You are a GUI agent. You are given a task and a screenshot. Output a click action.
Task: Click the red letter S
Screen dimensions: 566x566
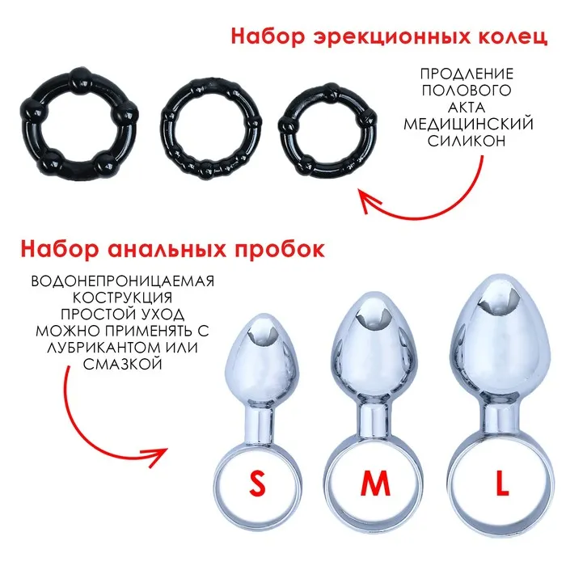257,484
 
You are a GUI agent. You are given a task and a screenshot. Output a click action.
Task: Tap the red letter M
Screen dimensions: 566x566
375,484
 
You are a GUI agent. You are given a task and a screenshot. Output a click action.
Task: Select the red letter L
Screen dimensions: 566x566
502,484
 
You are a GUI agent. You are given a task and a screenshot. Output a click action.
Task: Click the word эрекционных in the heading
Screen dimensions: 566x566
393,37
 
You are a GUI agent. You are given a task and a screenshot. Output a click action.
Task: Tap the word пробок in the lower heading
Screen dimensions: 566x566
280,249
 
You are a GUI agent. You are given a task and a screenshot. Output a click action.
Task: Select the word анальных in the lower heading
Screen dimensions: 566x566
167,250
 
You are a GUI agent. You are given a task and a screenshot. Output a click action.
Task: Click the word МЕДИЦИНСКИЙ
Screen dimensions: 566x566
468,124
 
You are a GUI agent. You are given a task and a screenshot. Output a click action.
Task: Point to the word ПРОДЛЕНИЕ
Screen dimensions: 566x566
467,74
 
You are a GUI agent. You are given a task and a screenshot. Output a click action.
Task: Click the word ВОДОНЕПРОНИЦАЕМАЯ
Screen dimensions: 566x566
123,281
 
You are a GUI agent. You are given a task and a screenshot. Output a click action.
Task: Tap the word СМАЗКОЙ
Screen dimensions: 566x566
122,364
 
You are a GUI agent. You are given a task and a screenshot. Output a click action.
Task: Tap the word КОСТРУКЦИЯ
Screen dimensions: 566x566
122,298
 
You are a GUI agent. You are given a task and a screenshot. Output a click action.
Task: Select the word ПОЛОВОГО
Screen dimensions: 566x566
467,91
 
